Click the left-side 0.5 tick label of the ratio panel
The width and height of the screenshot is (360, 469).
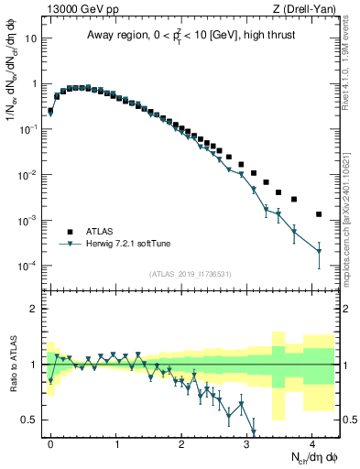click(x=30, y=420)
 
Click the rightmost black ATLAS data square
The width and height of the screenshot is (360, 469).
click(x=319, y=214)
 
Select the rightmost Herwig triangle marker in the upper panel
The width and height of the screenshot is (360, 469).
click(x=319, y=251)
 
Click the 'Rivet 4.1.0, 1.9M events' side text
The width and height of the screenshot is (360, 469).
click(x=352, y=55)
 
